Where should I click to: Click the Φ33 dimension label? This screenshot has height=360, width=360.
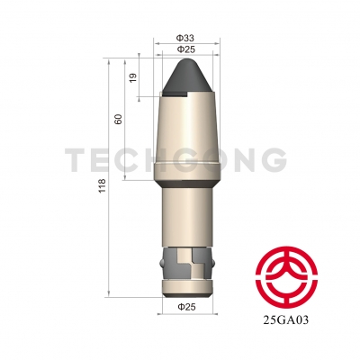185,38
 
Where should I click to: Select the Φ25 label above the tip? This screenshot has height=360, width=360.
186,49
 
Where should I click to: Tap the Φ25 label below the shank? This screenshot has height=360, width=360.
186,307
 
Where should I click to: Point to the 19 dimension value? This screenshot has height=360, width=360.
133,77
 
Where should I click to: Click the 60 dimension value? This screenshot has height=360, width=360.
119,120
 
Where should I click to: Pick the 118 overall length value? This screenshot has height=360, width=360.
103,185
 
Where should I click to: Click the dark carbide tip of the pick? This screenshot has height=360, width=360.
186,76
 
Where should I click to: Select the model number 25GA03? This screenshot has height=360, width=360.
286,320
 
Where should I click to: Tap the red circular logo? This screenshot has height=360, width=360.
286,277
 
